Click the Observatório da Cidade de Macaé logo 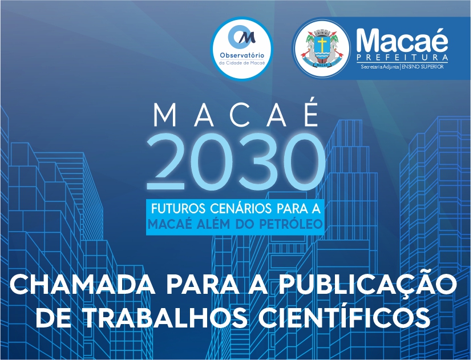[x=241, y=48]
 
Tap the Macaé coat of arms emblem [x=322, y=48]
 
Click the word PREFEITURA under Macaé [x=402, y=57]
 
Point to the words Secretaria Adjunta [x=380, y=67]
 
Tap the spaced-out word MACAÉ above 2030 [x=236, y=115]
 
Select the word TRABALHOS [x=165, y=318]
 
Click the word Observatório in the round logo [x=242, y=55]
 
